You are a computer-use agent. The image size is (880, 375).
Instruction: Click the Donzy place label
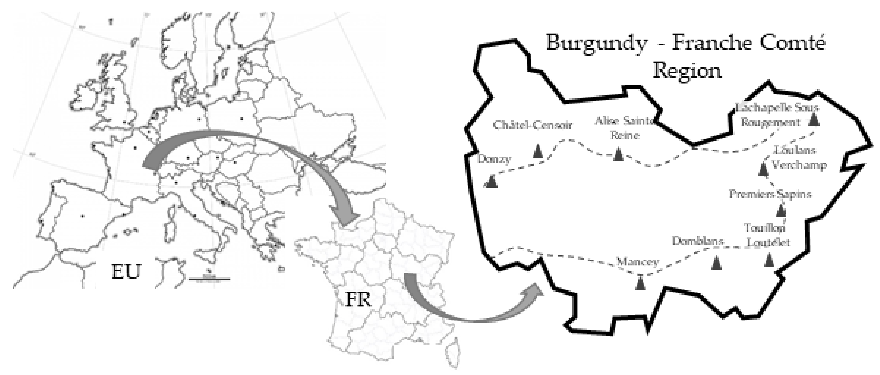point(494,159)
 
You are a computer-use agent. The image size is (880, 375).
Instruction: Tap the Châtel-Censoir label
point(532,125)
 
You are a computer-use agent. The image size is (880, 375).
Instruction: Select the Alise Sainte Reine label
point(625,128)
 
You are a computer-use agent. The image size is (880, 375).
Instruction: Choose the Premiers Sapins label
point(770,194)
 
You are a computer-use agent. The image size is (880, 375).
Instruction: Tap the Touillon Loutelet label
point(767,235)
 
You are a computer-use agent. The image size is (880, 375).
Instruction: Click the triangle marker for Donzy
point(491,181)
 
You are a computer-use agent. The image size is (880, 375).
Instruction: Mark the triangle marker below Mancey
point(640,283)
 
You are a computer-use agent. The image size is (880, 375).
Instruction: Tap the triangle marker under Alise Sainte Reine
point(618,154)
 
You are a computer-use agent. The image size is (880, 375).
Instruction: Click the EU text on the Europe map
point(126,272)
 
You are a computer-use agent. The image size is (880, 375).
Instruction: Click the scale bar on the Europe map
point(209,279)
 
